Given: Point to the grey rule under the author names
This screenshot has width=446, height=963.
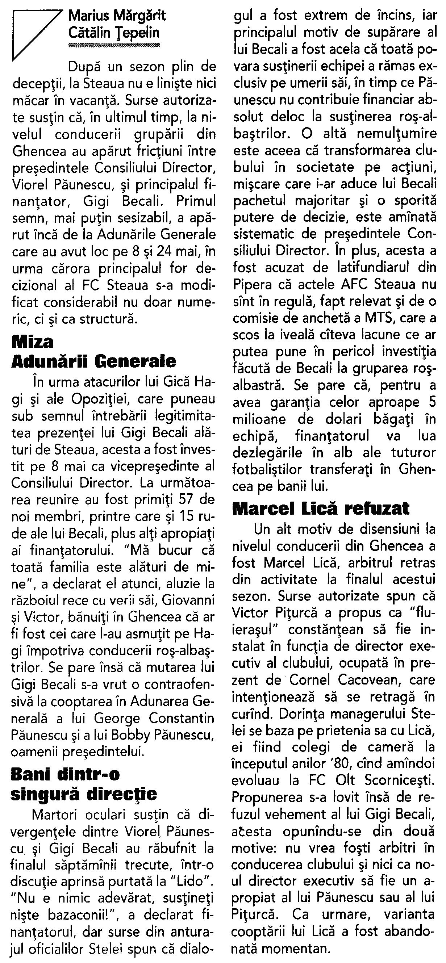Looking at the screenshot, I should (x=114, y=45).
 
